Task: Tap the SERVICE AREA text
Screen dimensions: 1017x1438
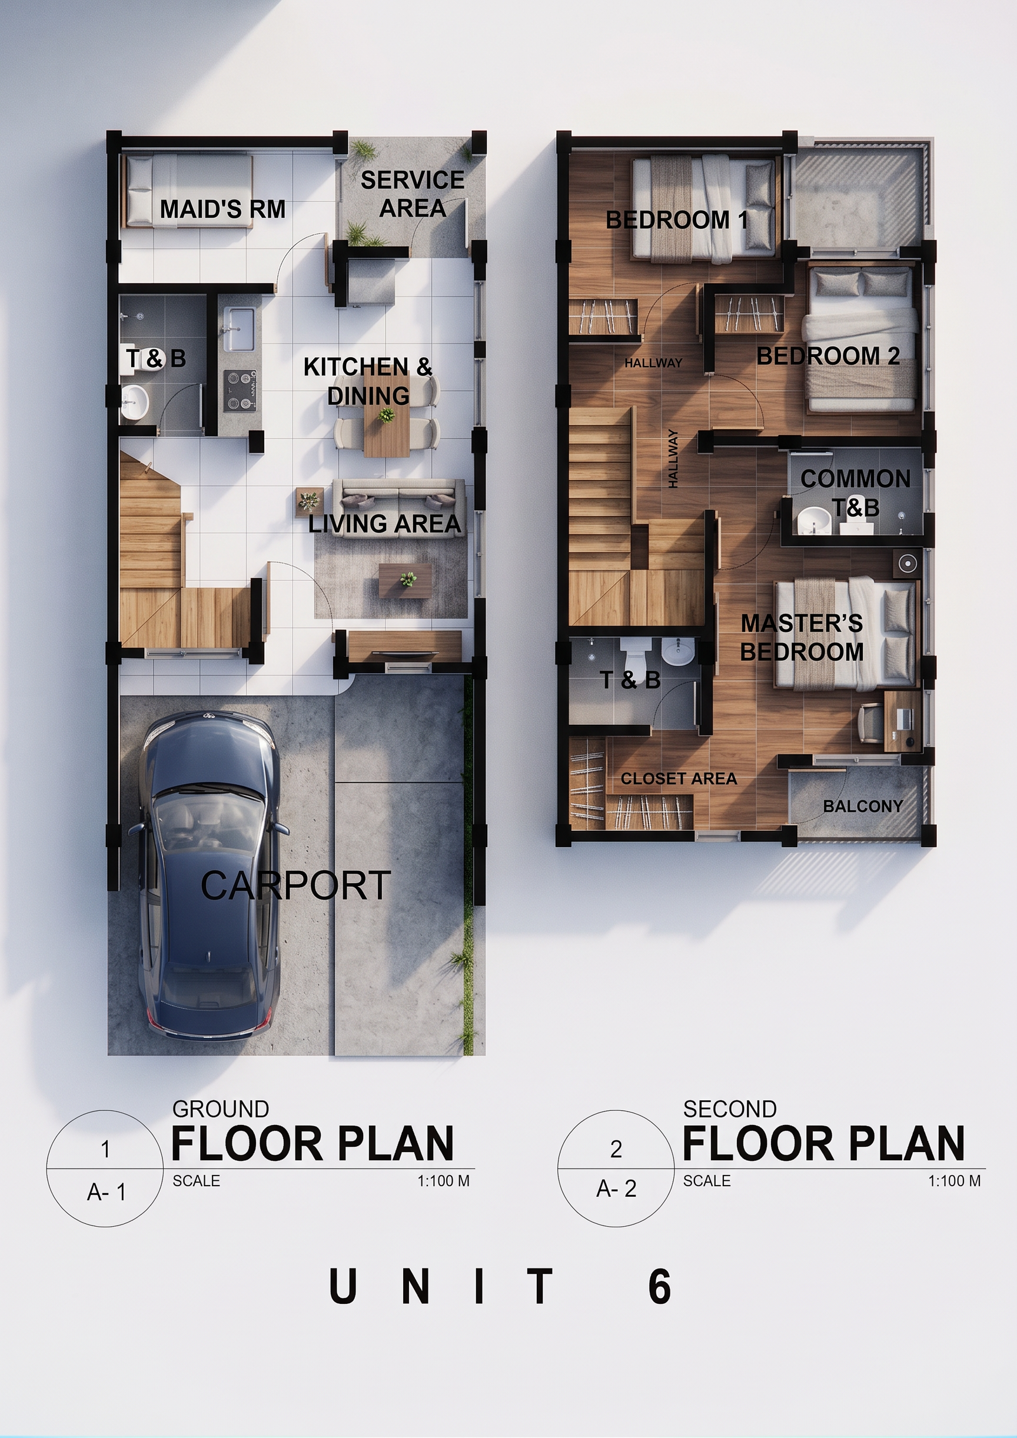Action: pyautogui.click(x=413, y=194)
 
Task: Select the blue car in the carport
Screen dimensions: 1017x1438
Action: pyautogui.click(x=210, y=876)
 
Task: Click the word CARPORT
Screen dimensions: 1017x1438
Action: pyautogui.click(x=296, y=886)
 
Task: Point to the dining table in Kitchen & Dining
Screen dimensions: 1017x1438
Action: pyautogui.click(x=386, y=415)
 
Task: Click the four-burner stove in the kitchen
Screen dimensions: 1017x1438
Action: pyautogui.click(x=240, y=391)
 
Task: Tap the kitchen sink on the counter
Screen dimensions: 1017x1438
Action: pyautogui.click(x=239, y=329)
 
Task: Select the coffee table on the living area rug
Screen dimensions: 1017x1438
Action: pyautogui.click(x=405, y=581)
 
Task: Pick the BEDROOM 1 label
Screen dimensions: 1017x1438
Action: pyautogui.click(x=677, y=220)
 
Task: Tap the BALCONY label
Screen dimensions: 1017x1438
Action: pyautogui.click(x=863, y=806)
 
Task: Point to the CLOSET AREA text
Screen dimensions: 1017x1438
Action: pyautogui.click(x=679, y=778)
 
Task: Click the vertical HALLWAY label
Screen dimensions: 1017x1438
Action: pyautogui.click(x=673, y=458)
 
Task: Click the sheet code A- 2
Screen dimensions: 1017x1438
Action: pyautogui.click(x=616, y=1188)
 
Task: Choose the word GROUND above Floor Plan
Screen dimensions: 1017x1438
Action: pyautogui.click(x=221, y=1109)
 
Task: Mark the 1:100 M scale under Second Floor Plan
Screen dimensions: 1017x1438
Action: pyautogui.click(x=955, y=1181)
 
